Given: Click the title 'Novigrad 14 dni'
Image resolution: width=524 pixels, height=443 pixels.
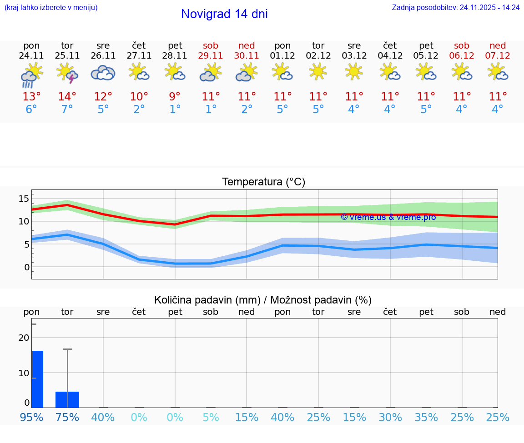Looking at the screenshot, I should (224, 14).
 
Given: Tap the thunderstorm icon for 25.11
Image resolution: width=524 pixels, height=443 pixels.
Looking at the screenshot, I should (67, 73).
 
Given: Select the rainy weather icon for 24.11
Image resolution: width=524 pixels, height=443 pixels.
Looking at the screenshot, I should (31, 75).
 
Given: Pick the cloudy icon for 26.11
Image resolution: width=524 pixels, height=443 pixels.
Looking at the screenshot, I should (103, 73).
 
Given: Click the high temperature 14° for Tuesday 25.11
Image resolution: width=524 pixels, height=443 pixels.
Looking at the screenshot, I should (67, 97).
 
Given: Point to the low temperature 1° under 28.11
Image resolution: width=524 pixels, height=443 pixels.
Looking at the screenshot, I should (175, 110).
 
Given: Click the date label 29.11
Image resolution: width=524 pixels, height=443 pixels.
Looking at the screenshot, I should (211, 56).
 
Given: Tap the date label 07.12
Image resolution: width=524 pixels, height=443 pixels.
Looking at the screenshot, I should (498, 56).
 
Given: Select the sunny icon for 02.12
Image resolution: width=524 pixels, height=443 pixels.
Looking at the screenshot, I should (318, 72).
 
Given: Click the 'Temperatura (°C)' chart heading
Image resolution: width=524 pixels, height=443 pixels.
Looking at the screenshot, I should (263, 182).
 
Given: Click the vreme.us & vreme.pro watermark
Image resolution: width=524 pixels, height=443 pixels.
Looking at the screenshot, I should (388, 217).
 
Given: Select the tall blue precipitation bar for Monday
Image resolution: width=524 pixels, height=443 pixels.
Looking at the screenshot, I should (37, 379).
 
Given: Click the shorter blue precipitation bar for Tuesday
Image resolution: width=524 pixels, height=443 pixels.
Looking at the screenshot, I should (67, 399).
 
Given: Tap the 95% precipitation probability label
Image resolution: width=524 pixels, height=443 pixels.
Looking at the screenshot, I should (31, 417).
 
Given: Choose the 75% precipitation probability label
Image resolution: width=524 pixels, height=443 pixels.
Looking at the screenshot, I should (67, 417).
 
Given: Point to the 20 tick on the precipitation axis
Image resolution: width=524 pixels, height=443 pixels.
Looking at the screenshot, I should (24, 338).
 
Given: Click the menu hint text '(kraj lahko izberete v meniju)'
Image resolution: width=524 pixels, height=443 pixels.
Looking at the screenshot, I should (51, 8).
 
